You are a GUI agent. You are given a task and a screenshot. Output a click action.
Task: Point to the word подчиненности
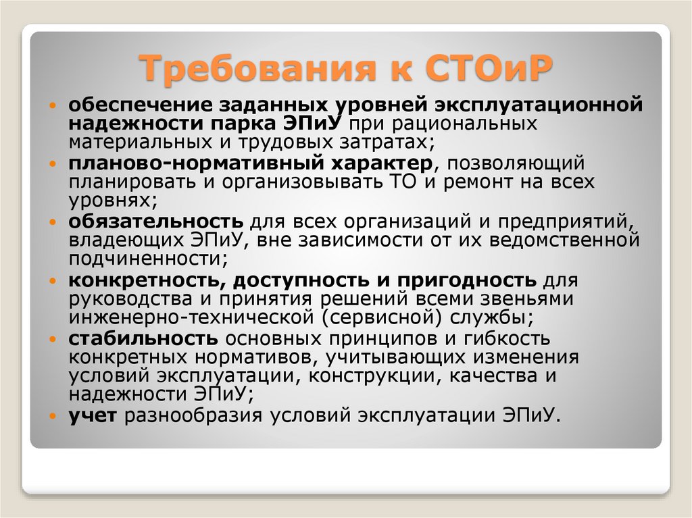pos(143,258)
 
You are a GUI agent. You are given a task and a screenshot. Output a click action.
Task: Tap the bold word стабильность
pos(143,338)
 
